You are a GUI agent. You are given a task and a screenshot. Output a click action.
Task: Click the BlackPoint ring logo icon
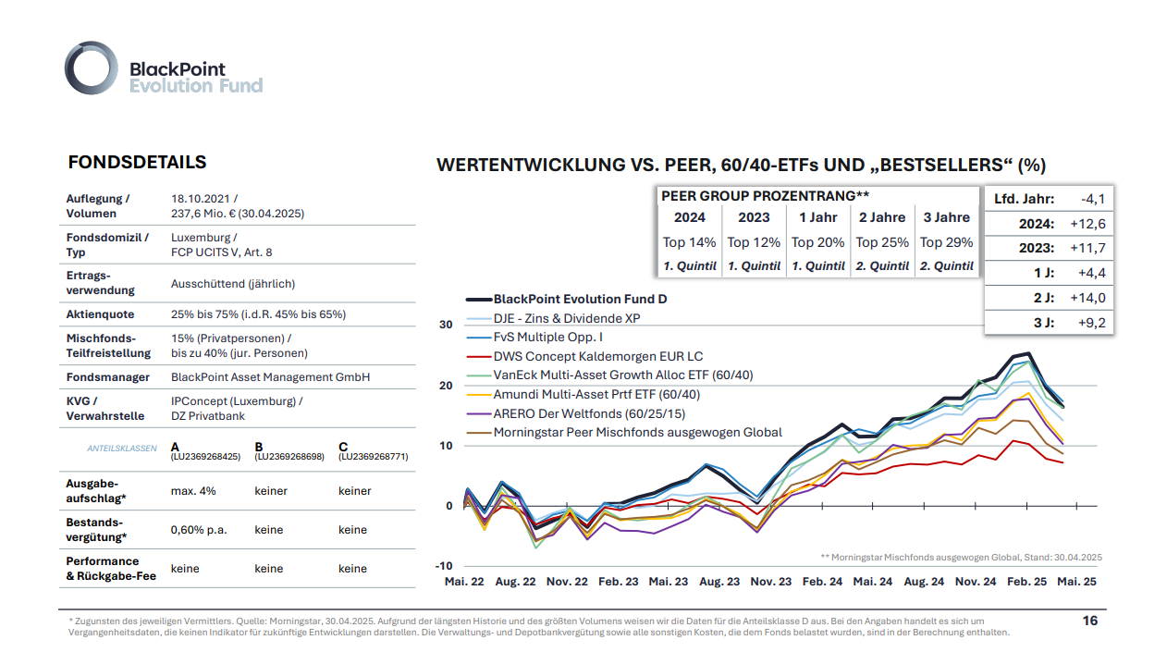[x=92, y=68]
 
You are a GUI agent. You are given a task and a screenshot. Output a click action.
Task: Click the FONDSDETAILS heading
[x=137, y=163]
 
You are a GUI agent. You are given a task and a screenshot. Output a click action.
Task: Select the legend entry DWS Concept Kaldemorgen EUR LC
[x=597, y=356]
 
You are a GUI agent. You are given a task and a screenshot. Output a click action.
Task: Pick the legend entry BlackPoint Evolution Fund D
[x=580, y=299]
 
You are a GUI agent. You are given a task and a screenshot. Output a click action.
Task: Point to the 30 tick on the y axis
[x=446, y=325]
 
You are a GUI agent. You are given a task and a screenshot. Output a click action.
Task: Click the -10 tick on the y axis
[x=444, y=566]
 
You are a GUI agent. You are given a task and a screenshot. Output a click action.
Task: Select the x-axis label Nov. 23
[x=771, y=583]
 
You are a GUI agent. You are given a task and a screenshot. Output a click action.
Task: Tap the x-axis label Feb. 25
[x=1026, y=583]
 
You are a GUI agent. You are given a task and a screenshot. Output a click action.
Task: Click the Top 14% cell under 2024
[x=689, y=242]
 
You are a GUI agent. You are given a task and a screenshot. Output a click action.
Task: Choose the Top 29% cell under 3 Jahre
[x=947, y=242]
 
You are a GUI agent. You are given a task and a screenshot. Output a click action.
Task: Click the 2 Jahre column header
[x=882, y=217]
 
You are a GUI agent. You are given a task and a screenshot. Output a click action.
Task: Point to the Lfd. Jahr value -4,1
[x=1092, y=199]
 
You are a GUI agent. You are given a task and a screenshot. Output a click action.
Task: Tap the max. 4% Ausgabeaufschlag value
[x=193, y=491]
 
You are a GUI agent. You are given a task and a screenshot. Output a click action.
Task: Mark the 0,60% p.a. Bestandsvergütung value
[x=199, y=530]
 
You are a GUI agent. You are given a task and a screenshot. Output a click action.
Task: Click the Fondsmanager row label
[x=108, y=377]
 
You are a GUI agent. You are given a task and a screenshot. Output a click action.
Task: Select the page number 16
[x=1090, y=621]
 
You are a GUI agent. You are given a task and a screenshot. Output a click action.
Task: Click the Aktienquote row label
[x=100, y=314]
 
